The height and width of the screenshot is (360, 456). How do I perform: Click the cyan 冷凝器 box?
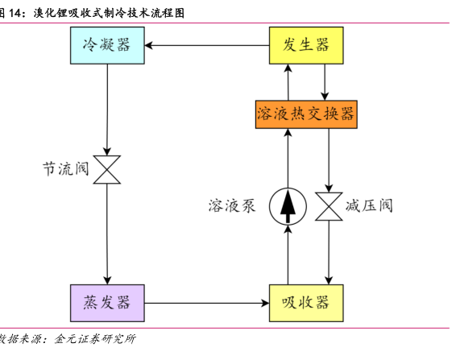coord(107,45)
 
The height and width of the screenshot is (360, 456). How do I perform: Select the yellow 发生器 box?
coord(306,45)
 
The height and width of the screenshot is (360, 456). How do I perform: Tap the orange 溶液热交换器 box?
coord(306,114)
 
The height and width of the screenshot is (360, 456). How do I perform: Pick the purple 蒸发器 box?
coord(107,303)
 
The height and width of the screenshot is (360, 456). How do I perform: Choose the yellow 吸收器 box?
coord(306,303)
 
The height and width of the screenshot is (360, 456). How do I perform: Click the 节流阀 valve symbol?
coord(107,170)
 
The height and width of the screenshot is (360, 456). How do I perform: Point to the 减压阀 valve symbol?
coord(329,206)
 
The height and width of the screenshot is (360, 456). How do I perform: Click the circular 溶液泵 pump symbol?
coord(288,206)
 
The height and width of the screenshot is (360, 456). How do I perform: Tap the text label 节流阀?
coord(65,169)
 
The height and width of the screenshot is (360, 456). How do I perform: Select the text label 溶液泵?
coord(232,206)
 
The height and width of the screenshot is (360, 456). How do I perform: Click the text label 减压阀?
coord(369,206)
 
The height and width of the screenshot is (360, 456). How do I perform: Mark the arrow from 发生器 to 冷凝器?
coord(207,45)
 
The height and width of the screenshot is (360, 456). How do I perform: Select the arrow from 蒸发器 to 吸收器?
coord(207,303)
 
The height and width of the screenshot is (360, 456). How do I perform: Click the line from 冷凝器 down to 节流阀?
coord(107,110)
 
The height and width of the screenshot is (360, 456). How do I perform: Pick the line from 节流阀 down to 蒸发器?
coord(107,234)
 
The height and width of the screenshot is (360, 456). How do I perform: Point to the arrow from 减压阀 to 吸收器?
coord(329,252)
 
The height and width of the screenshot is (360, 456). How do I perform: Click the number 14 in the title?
coord(15,13)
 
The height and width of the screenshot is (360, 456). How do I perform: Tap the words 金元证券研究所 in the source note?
coord(95,339)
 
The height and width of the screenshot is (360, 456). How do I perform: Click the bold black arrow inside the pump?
coord(288,206)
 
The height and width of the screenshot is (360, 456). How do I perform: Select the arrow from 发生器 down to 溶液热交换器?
coord(325,82)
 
